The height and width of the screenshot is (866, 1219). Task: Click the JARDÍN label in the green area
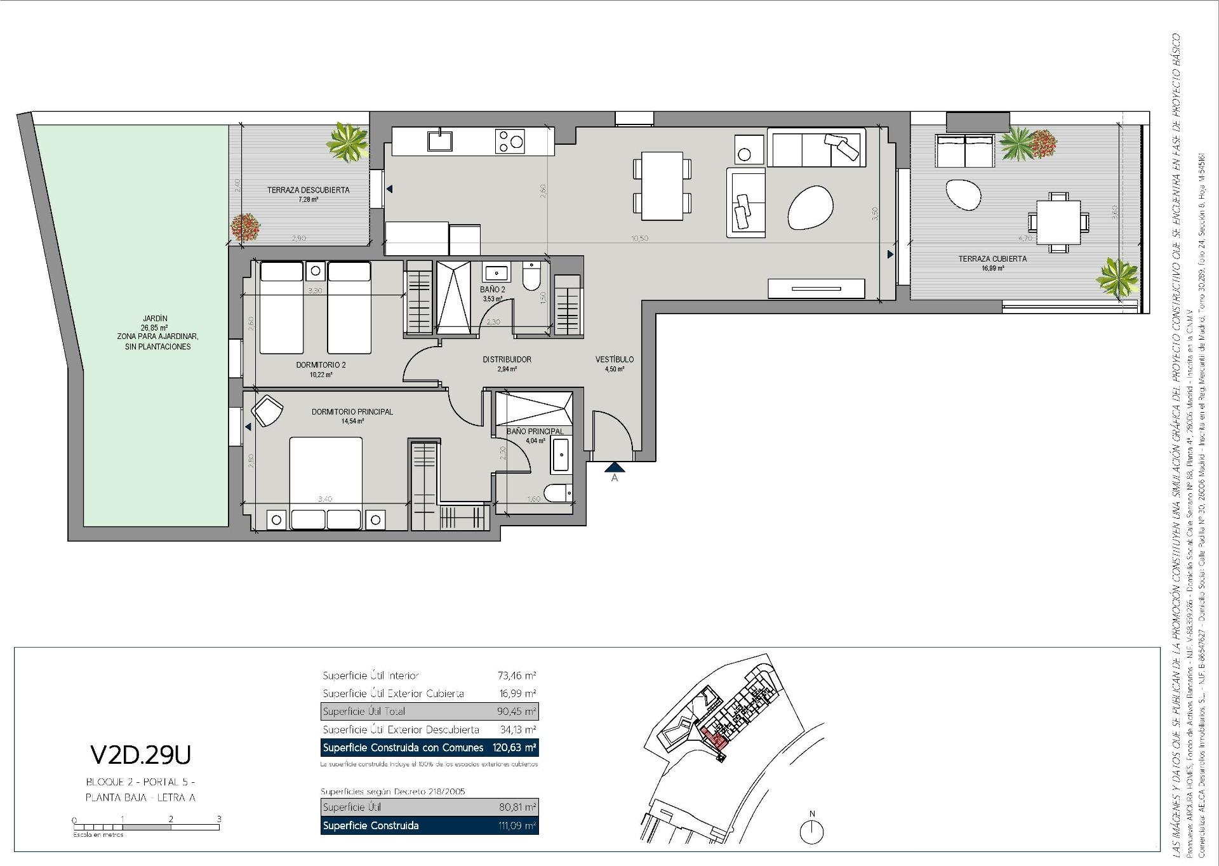coord(155,319)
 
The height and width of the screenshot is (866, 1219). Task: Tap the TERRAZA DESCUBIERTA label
coord(308,190)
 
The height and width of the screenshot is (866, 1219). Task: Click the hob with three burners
coord(510,141)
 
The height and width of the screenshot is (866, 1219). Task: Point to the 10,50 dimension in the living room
coord(639,238)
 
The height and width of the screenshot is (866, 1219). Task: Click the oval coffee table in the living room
coord(810,208)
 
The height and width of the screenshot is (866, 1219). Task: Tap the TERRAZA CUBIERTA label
coord(992,258)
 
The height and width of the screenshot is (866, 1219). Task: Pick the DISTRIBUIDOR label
coord(507,359)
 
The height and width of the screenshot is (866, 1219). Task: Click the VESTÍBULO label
coord(614,359)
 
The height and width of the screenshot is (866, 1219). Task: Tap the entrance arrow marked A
coord(614,469)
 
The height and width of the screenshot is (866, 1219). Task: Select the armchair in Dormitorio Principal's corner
coord(267,411)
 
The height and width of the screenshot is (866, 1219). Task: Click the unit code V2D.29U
coord(140,754)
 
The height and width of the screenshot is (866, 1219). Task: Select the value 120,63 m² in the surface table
coord(514,748)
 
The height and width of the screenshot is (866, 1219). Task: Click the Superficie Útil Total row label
coord(364,711)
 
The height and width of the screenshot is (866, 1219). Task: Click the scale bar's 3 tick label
coord(219,819)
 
